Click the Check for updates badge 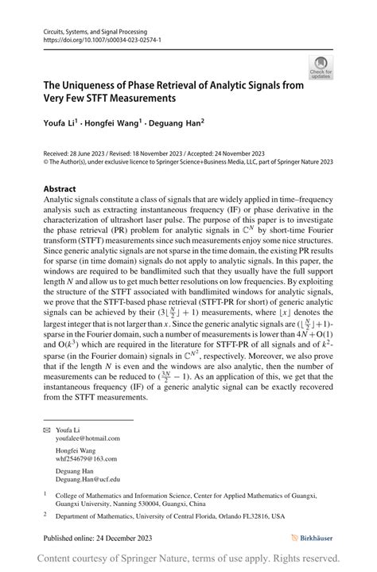pos(321,68)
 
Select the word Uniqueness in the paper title pos(94,84)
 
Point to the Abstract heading pos(60,189)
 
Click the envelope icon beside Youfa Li pos(46,430)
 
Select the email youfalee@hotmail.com pos(87,438)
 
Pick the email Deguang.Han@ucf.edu pos(88,480)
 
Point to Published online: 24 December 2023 pos(98,539)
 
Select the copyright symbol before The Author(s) pos(46,161)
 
